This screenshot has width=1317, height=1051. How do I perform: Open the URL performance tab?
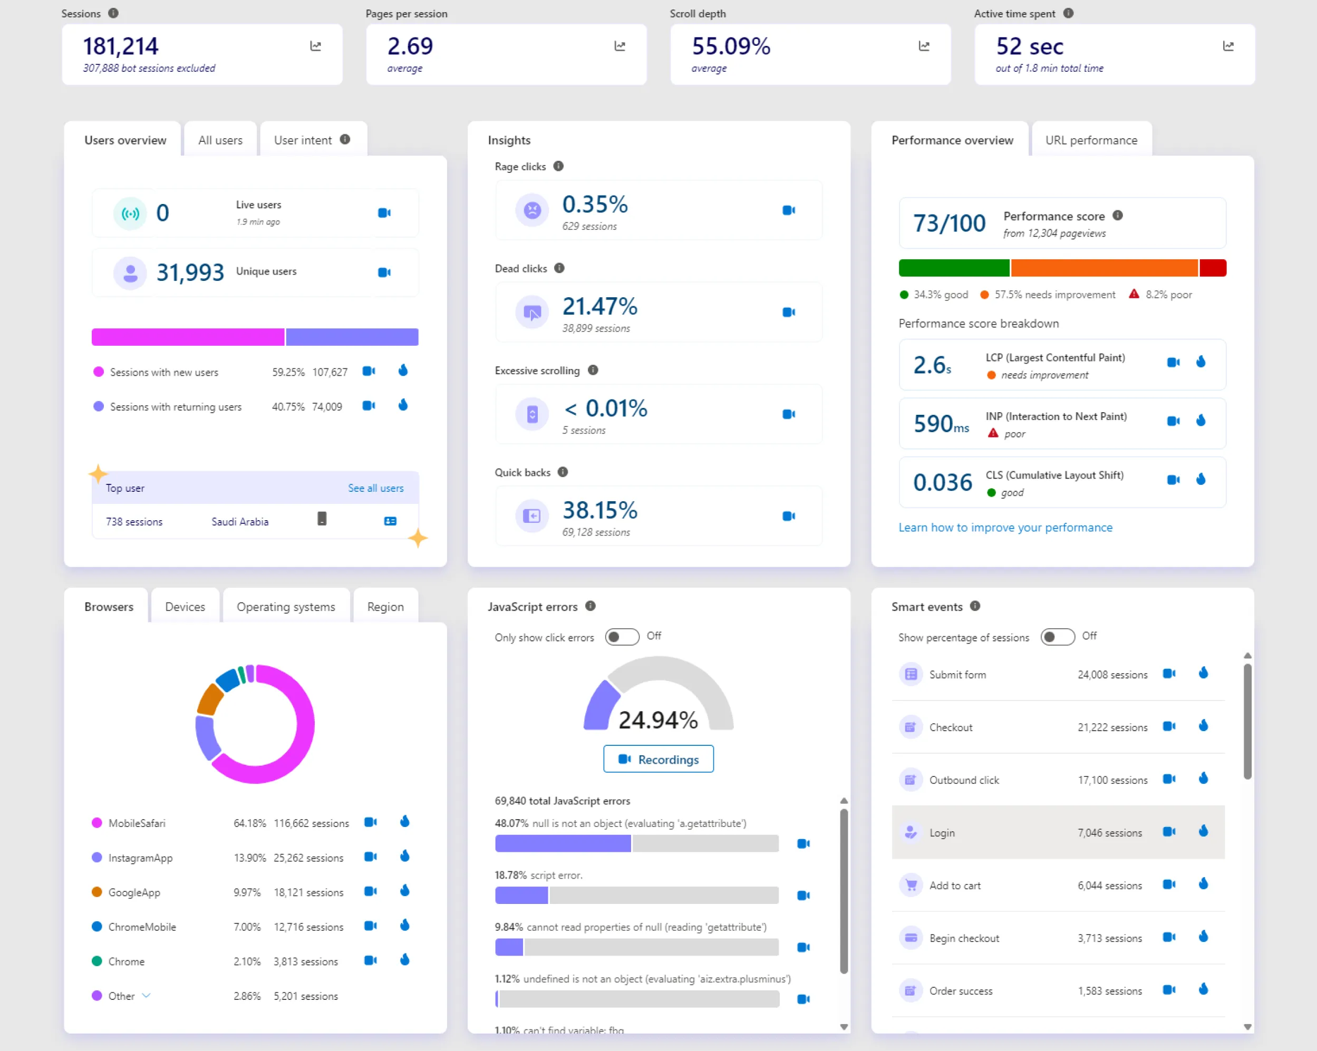point(1091,140)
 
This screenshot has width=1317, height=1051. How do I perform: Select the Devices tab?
point(185,607)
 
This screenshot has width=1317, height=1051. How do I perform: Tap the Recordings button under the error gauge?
point(658,759)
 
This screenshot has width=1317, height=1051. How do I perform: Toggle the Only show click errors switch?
point(622,637)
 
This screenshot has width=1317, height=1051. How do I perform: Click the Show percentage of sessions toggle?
point(1058,637)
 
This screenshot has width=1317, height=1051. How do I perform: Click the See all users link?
point(376,488)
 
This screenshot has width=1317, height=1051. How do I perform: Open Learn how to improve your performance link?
point(1005,528)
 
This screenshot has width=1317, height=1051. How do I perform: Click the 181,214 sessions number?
point(120,46)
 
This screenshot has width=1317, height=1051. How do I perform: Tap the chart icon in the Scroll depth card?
point(924,46)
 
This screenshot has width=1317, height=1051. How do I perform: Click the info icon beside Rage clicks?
point(558,166)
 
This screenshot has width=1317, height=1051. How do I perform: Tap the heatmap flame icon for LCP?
point(1201,362)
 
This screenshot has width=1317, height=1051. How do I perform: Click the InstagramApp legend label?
point(140,858)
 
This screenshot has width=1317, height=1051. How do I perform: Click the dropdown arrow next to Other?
point(146,996)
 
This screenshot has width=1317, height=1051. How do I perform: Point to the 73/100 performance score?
point(950,223)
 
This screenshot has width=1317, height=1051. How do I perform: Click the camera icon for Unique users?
point(384,273)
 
